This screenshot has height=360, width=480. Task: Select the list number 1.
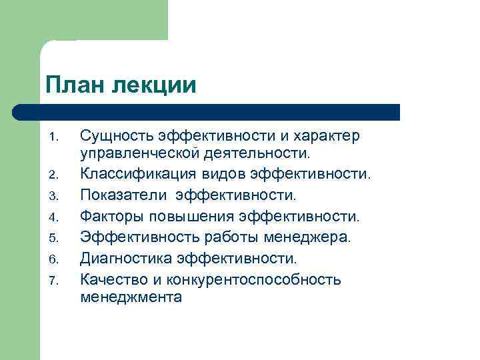pos(55,138)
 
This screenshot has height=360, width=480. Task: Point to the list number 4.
pos(55,217)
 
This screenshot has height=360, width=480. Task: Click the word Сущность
pos(117,137)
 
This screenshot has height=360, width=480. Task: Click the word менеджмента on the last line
pos(131,297)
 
